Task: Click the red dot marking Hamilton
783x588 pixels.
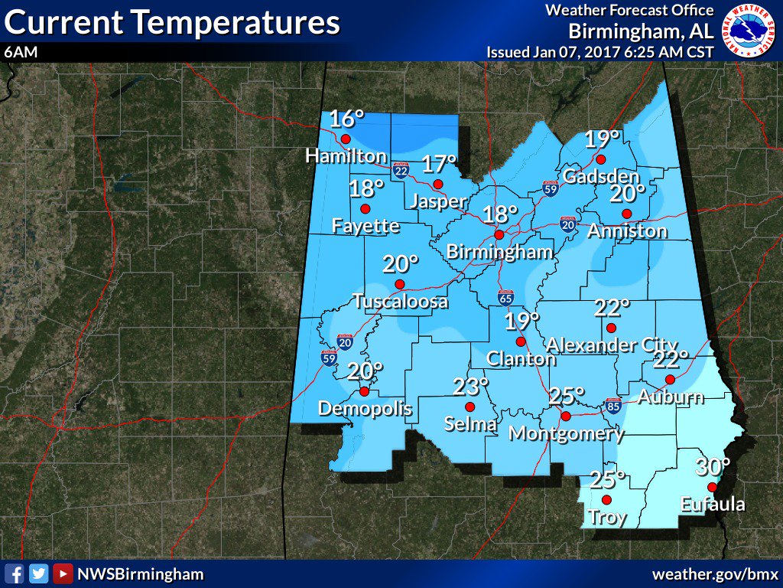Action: click(346, 139)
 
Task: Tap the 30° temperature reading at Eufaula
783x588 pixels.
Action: click(713, 465)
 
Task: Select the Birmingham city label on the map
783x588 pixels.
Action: click(499, 252)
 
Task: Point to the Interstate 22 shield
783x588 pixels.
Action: click(401, 169)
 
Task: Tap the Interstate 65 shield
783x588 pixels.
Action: click(505, 297)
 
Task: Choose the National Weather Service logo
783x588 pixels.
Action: click(749, 30)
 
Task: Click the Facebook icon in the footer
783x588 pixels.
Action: click(13, 573)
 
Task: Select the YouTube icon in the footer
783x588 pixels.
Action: click(63, 573)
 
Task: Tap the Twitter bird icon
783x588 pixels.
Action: click(38, 573)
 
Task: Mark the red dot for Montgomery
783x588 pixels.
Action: click(566, 416)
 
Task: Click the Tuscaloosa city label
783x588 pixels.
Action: click(400, 302)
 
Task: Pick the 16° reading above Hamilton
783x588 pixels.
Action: click(346, 119)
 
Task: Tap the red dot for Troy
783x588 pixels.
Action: click(607, 499)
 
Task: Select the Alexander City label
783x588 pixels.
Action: click(612, 345)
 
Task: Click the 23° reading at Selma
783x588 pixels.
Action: click(469, 387)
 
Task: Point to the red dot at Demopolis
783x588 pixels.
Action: click(364, 391)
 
